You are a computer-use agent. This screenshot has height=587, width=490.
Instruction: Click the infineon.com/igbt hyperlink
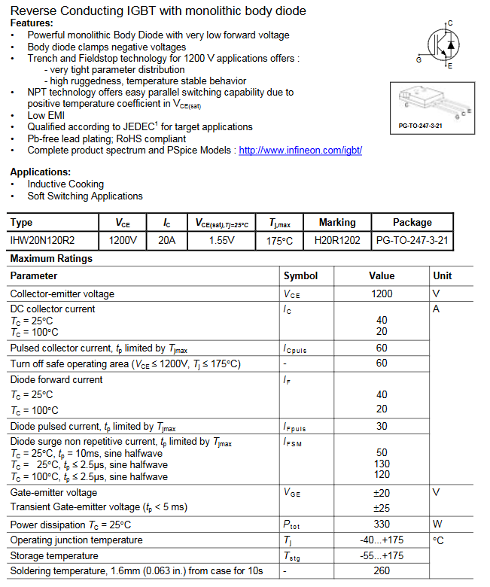pos(300,151)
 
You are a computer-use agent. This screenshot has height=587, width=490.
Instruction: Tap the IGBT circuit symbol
pos(442,45)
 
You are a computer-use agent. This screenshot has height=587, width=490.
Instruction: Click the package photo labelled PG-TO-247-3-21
pos(431,105)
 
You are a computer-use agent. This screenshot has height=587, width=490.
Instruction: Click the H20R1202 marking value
pos(337,241)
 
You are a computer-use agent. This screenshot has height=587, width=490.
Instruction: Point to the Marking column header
pos(337,223)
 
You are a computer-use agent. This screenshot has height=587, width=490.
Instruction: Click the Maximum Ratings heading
pos(51,259)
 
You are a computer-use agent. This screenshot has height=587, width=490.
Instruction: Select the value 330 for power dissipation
pos(382,525)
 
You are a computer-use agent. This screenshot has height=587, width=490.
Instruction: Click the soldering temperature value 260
pos(382,571)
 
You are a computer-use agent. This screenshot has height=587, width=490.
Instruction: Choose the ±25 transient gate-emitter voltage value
pos(382,508)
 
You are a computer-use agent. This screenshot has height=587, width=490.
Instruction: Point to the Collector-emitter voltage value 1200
pos(382,293)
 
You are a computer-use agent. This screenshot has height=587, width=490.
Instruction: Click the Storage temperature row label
pos(54,556)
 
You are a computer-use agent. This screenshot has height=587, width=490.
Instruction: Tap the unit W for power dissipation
pos(437,525)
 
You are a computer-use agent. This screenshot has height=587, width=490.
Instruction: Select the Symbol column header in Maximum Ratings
pos(300,276)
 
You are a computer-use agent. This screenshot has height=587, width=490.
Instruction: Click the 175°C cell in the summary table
pos(280,241)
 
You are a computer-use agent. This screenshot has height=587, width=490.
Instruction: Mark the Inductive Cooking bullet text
pos(65,184)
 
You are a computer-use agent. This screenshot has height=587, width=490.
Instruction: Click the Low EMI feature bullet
pos(46,115)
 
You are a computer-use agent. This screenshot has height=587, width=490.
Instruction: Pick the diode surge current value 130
pos(382,465)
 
